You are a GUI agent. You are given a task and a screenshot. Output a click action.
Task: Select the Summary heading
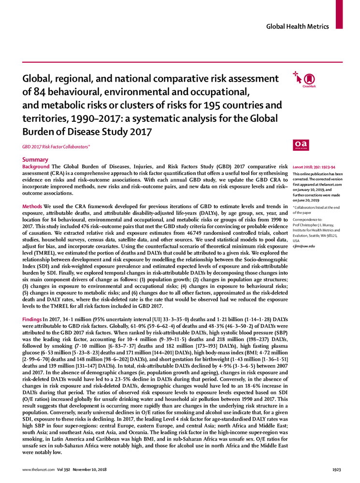[x=35, y=159]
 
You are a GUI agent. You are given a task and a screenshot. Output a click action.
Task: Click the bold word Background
[x=36, y=167]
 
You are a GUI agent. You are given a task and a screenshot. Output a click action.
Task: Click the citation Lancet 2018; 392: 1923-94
[x=315, y=166]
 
